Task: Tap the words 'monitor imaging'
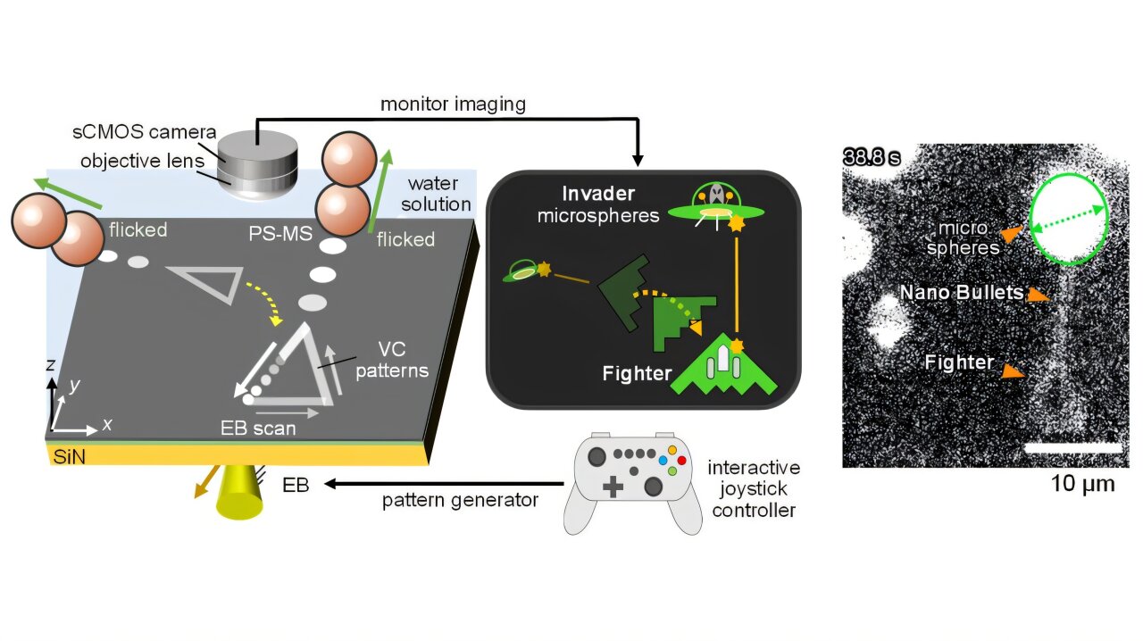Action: click(453, 104)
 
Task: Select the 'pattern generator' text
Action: click(460, 500)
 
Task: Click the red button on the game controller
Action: click(681, 461)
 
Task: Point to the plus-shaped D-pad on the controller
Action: click(613, 487)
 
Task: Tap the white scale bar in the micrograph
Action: click(1072, 445)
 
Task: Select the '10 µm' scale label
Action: click(1082, 485)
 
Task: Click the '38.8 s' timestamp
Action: click(872, 156)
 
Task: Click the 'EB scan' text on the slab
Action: click(258, 428)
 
